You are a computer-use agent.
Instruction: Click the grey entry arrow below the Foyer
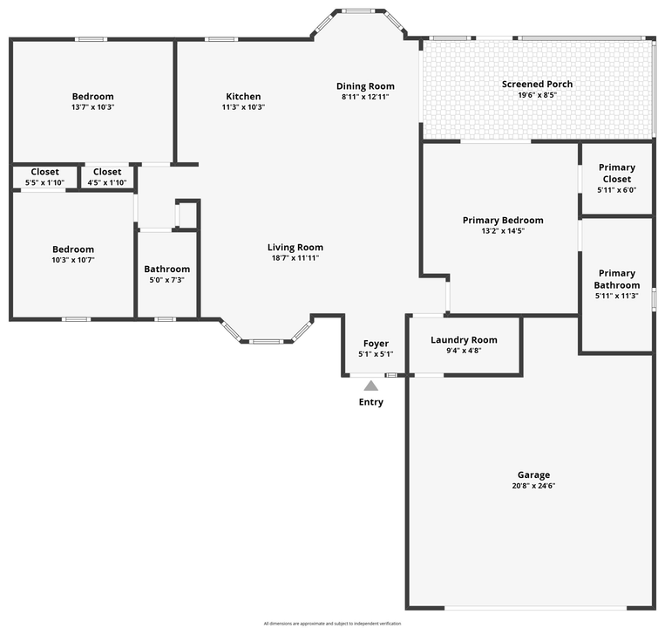(x=371, y=386)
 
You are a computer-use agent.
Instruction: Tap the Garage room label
(x=533, y=474)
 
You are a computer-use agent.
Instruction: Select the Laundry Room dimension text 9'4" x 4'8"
(x=464, y=351)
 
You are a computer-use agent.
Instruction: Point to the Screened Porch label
(x=537, y=84)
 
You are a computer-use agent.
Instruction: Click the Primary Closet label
(x=617, y=173)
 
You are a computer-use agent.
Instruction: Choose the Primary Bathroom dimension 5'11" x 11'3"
(x=617, y=296)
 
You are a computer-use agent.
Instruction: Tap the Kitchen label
(x=243, y=96)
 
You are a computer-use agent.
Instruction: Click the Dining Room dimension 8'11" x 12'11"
(x=365, y=96)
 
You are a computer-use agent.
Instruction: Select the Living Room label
(x=295, y=247)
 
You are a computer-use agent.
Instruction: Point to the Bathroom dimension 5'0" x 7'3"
(x=166, y=280)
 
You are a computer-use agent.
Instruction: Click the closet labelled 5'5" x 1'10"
(x=44, y=177)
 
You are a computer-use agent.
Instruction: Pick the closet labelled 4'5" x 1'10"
(x=107, y=177)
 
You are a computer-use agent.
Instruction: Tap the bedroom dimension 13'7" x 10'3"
(x=93, y=107)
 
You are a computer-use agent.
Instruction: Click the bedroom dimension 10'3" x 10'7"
(x=73, y=260)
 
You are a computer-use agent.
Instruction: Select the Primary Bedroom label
(x=503, y=220)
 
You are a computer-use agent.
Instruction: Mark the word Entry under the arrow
(x=371, y=402)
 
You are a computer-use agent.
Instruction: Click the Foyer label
(x=376, y=344)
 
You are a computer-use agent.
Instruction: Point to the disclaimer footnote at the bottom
(x=332, y=624)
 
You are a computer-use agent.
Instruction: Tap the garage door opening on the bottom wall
(x=535, y=608)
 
